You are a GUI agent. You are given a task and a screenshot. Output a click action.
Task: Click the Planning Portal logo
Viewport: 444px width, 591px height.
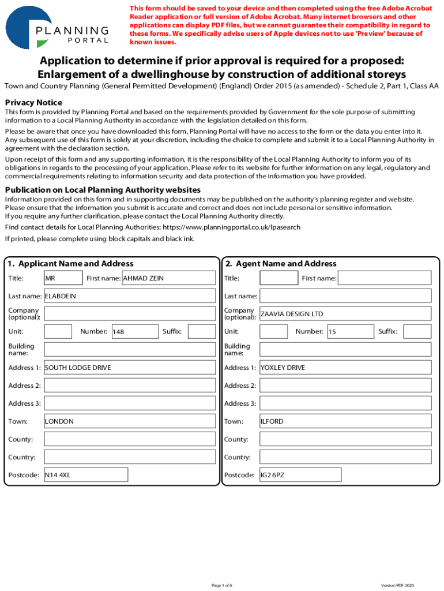58,28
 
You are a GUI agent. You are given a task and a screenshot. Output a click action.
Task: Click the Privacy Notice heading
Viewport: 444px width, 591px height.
33,102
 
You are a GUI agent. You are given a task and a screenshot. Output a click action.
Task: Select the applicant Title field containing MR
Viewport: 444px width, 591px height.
58,278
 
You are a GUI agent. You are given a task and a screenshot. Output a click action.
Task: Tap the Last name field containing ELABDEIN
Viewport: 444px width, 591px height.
129,296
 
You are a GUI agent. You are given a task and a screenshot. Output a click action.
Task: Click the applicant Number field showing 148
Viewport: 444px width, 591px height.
134,332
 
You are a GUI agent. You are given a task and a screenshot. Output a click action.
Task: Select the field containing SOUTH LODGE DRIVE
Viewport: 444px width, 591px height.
129,368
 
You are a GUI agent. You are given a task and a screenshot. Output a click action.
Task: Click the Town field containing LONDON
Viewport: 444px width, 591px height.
129,421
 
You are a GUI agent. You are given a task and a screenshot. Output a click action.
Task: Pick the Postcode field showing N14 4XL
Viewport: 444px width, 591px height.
85,475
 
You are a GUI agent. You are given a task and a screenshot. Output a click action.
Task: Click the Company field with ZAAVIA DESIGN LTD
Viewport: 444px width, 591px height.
345,314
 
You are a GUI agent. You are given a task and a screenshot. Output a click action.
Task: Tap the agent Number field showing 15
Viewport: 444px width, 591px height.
349,332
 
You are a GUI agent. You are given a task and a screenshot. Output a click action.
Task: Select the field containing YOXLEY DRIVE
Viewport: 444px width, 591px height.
345,368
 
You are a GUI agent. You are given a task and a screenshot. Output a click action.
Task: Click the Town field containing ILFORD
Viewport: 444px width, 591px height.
345,421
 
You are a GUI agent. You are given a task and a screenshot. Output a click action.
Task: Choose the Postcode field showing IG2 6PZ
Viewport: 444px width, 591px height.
300,475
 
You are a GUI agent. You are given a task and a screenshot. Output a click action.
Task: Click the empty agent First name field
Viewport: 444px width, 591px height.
384,278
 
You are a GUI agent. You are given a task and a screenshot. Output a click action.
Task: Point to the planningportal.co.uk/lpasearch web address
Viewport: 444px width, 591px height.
231,227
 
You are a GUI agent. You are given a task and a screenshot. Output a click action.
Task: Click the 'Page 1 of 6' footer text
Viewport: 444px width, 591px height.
222,585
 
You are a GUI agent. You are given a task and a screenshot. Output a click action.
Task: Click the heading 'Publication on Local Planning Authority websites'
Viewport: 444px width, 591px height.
103,190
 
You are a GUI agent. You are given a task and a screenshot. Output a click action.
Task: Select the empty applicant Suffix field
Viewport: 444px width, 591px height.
201,332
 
